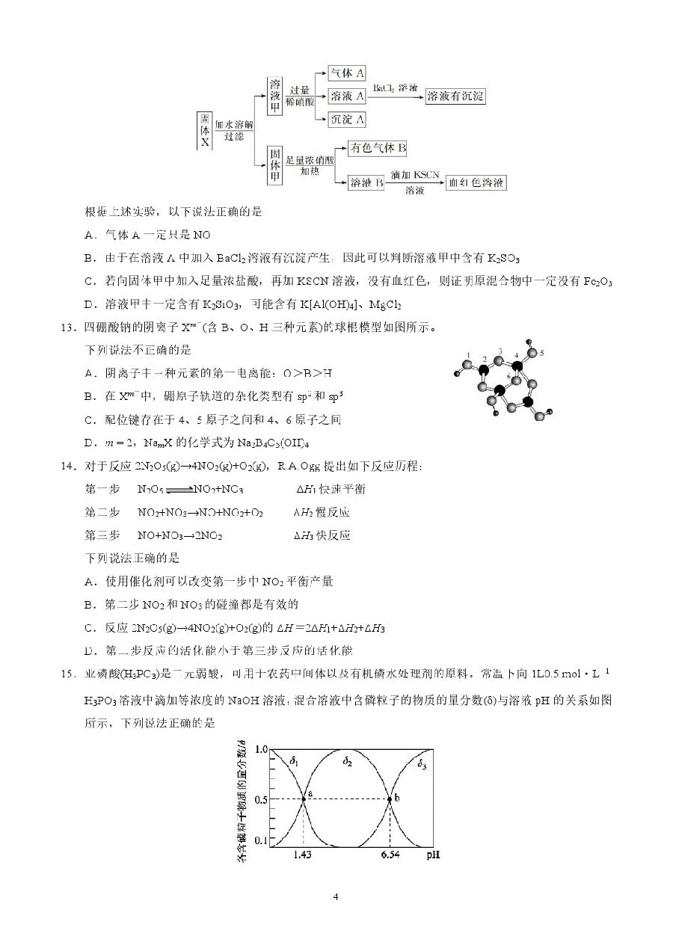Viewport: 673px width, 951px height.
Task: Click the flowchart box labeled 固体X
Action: (204, 130)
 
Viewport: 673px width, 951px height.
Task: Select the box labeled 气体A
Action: (348, 73)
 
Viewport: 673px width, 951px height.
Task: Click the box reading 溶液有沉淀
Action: (455, 96)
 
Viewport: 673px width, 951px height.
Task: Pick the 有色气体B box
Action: (378, 148)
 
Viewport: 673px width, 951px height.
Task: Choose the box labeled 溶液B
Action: (366, 182)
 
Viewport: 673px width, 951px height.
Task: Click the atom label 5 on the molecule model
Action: (542, 351)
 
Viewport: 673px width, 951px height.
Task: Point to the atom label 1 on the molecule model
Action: (467, 354)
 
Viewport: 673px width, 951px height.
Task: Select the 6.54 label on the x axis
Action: (389, 854)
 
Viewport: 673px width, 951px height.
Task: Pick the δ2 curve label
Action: (347, 761)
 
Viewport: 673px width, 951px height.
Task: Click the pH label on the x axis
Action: (433, 854)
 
